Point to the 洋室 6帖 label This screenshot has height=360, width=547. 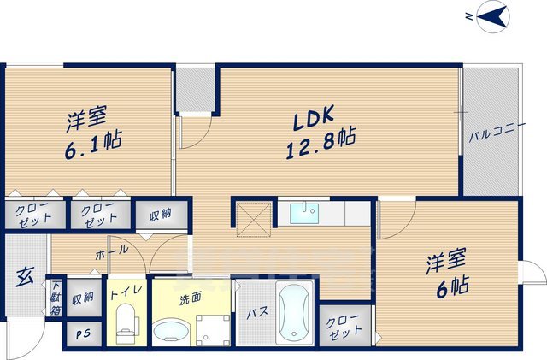(x=446, y=273)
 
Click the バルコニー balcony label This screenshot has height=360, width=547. (x=490, y=135)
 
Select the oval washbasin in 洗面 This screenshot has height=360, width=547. (x=171, y=330)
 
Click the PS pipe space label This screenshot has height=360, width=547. (x=83, y=334)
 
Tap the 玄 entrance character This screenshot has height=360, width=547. (x=25, y=277)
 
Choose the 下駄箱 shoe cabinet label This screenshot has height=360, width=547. (x=56, y=298)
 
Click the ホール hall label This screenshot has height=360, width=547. (x=112, y=251)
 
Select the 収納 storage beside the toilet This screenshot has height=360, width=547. (x=83, y=298)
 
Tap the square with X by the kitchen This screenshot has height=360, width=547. (x=254, y=213)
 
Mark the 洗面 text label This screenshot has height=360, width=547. (x=189, y=299)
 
